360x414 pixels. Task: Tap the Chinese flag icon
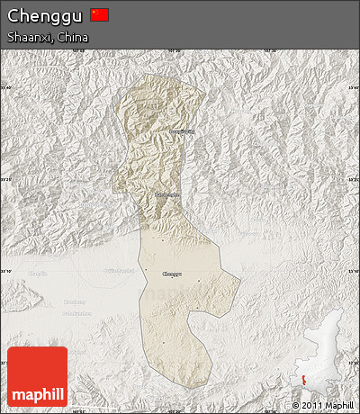[99, 14]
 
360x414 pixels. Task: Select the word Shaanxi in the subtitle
[28, 38]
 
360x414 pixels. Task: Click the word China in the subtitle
[72, 38]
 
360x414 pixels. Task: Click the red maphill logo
[37, 376]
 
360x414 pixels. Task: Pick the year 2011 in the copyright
[318, 407]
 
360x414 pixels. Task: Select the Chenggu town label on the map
[171, 274]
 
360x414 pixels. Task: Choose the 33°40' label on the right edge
[353, 87]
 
